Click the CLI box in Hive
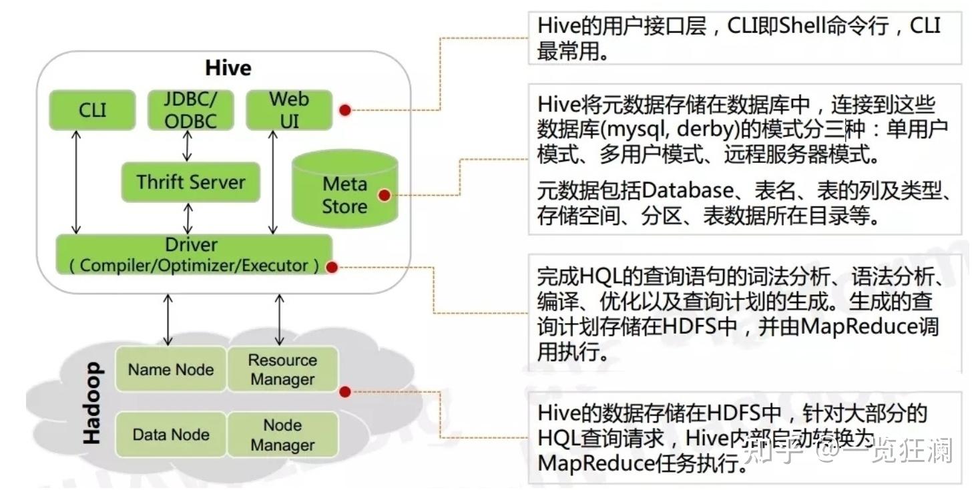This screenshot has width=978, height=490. [x=92, y=110]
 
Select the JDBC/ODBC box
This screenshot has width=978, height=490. [x=190, y=110]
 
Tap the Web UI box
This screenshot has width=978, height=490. [x=288, y=110]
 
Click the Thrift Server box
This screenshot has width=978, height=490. [x=190, y=182]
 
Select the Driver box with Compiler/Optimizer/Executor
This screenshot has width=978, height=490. [x=194, y=254]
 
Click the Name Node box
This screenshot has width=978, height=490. [x=171, y=369]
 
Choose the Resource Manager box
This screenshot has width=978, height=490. [x=282, y=369]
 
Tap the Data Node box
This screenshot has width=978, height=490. [x=171, y=435]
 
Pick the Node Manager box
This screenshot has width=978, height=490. [x=282, y=435]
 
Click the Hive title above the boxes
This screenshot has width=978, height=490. [x=228, y=68]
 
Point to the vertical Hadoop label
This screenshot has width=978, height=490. [x=92, y=403]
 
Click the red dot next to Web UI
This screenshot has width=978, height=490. [x=344, y=110]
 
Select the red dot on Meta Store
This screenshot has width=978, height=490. [x=384, y=195]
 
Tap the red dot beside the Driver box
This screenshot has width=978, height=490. [x=332, y=268]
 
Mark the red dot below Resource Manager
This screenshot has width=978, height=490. [x=344, y=392]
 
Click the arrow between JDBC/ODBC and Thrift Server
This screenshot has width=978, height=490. [x=188, y=146]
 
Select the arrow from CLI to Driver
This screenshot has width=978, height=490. [x=77, y=182]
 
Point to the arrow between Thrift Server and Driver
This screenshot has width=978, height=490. [x=188, y=218]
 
